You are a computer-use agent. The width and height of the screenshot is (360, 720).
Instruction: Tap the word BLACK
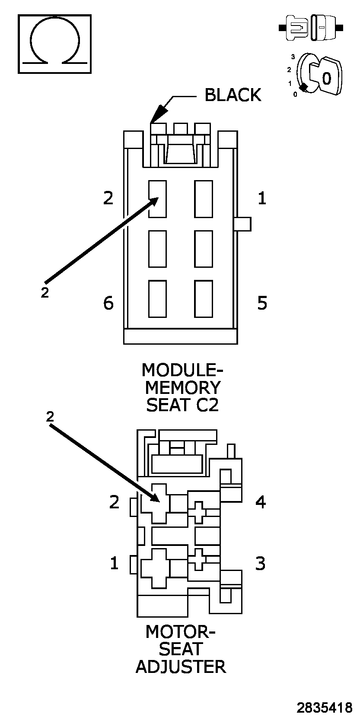pyautogui.click(x=233, y=95)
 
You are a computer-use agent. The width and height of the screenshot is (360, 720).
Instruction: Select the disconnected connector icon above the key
pyautogui.click(x=311, y=28)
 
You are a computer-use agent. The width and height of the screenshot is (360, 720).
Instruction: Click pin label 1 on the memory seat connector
pyautogui.click(x=261, y=198)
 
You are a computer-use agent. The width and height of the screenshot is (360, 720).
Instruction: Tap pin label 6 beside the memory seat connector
pyautogui.click(x=108, y=303)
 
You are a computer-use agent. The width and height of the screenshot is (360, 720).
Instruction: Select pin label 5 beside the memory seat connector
pyautogui.click(x=262, y=303)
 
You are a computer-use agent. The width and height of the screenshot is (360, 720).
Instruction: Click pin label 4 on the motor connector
pyautogui.click(x=261, y=502)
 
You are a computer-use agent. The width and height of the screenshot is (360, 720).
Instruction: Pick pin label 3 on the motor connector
pyautogui.click(x=260, y=563)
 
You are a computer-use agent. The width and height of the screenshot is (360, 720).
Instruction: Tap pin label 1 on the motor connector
pyautogui.click(x=114, y=563)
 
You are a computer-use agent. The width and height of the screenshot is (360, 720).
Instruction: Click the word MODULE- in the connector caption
pyautogui.click(x=182, y=370)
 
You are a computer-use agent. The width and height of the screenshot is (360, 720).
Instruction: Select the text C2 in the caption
pyautogui.click(x=206, y=405)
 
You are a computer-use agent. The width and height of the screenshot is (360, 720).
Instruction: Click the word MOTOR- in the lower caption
pyautogui.click(x=180, y=631)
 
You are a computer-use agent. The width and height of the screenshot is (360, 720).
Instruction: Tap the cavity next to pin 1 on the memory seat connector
pyautogui.click(x=203, y=199)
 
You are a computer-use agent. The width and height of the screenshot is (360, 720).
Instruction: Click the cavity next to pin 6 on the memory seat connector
pyautogui.click(x=157, y=298)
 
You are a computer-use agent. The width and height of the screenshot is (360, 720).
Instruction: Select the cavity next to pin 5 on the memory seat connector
pyautogui.click(x=203, y=298)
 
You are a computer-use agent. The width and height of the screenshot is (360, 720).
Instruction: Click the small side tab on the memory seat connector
pyautogui.click(x=243, y=224)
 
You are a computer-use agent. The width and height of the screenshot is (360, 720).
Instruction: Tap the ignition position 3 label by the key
pyautogui.click(x=293, y=57)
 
